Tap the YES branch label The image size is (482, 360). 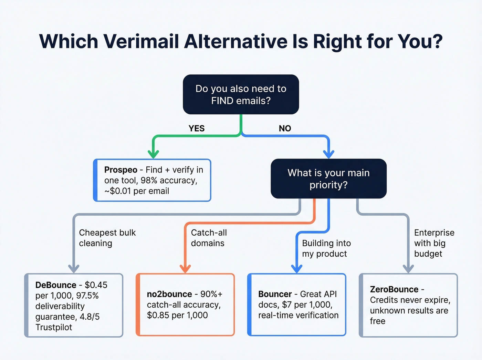197,128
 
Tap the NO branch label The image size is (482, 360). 285,128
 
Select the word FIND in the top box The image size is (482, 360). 223,101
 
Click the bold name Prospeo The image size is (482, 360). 120,170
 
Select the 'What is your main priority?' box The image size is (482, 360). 328,178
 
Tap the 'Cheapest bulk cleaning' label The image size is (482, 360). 107,238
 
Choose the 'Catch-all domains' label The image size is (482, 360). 209,238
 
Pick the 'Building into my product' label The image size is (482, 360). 326,248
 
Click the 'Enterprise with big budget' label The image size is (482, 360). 434,243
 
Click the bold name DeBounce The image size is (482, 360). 56,285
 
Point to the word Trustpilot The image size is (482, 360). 54,327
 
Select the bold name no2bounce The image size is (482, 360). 169,294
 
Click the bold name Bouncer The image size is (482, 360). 275,294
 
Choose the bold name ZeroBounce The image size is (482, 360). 394,289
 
